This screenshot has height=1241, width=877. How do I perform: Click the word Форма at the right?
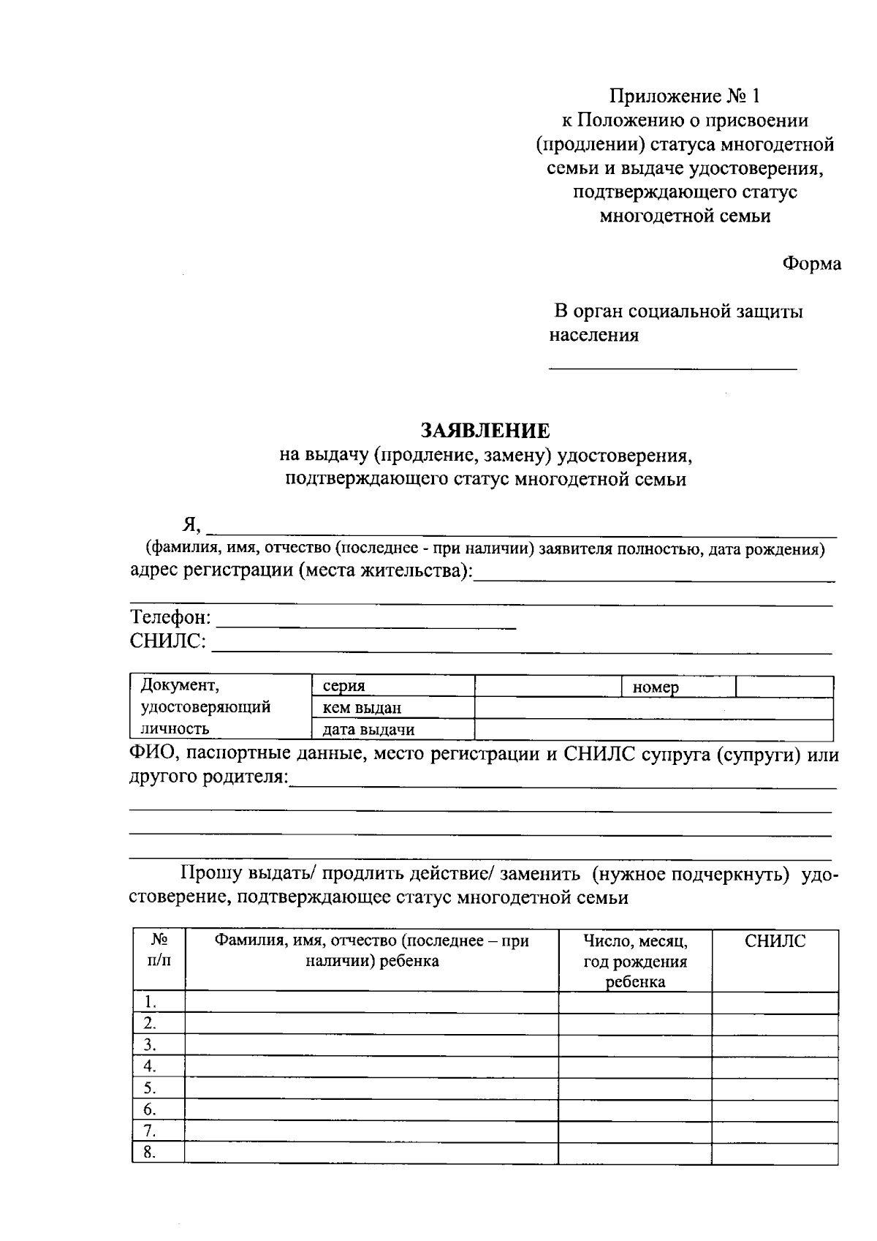tap(811, 264)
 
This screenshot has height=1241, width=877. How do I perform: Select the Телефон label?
tap(170, 618)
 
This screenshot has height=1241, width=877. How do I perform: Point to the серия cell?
tap(392, 686)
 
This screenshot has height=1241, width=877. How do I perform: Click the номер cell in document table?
tap(678, 687)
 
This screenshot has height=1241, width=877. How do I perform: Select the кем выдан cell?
tap(392, 708)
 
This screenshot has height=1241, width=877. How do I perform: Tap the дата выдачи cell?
tap(392, 729)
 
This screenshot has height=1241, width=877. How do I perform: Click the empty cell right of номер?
tap(784, 687)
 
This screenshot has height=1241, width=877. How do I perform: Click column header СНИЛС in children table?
tap(775, 941)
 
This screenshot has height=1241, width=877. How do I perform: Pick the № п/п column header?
tap(159, 950)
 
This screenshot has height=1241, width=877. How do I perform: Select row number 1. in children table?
tap(151, 1002)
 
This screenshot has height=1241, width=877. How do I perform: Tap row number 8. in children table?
tap(151, 1153)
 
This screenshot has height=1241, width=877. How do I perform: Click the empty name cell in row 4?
tap(371, 1067)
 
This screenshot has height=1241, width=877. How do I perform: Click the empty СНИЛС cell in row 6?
tap(775, 1110)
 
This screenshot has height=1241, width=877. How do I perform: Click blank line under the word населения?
tap(672, 366)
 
